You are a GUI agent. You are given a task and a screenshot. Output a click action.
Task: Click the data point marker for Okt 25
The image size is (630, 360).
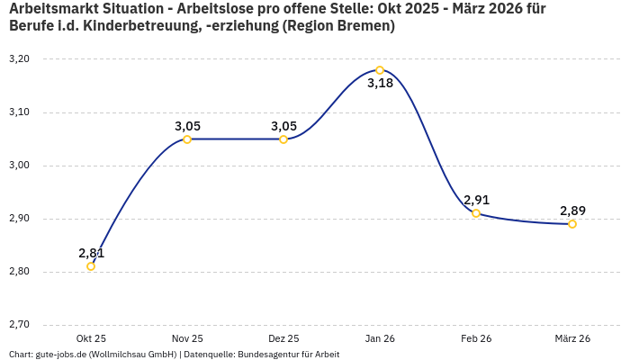click(91, 266)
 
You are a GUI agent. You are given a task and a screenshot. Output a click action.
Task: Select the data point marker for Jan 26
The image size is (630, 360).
click(380, 70)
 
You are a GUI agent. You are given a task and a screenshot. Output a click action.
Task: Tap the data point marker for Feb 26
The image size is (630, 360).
click(476, 213)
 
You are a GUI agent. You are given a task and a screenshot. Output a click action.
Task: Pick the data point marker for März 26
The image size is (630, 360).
click(572, 224)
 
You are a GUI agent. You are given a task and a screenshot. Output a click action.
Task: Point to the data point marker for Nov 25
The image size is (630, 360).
click(187, 139)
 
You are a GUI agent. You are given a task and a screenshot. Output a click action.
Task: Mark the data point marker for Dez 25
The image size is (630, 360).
click(283, 139)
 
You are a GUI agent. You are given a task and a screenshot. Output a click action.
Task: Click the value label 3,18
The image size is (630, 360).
click(380, 84)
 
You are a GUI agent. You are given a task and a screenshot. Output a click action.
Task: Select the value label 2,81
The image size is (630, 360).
click(92, 253)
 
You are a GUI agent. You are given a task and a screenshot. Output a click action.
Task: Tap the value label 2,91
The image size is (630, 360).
click(476, 200)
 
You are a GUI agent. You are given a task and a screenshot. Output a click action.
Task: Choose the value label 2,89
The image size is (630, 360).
click(572, 211)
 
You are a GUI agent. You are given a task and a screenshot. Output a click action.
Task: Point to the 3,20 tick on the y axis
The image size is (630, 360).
click(19, 59)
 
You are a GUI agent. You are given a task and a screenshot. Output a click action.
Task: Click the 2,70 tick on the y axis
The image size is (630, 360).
click(19, 325)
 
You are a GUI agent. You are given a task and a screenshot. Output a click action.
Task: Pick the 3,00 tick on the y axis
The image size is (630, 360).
click(19, 166)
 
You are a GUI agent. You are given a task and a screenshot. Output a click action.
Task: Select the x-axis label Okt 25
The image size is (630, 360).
click(91, 338)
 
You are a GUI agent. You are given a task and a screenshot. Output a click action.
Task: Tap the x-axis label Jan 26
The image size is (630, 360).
click(380, 338)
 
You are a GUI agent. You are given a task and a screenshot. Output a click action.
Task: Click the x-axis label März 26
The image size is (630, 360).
click(572, 338)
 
